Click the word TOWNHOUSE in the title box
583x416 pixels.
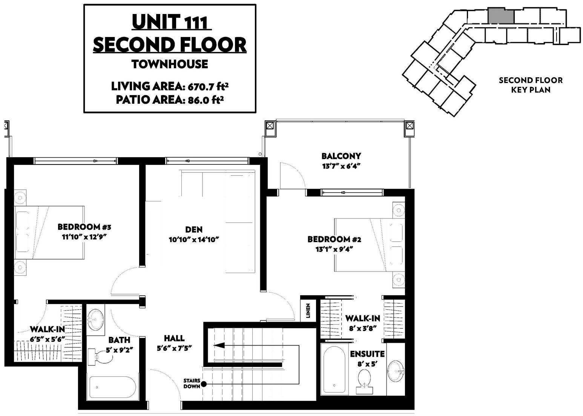tap(170, 64)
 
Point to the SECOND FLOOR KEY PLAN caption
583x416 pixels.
tap(531, 85)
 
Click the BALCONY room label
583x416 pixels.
tap(341, 156)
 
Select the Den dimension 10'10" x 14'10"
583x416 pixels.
tap(194, 239)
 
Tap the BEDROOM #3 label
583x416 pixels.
tap(84, 227)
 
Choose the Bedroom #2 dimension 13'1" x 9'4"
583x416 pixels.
tap(334, 249)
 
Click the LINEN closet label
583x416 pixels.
tap(308, 311)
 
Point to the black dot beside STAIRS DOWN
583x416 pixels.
tap(204, 384)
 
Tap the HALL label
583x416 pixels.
tap(174, 338)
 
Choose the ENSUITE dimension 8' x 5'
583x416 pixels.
tap(367, 364)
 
